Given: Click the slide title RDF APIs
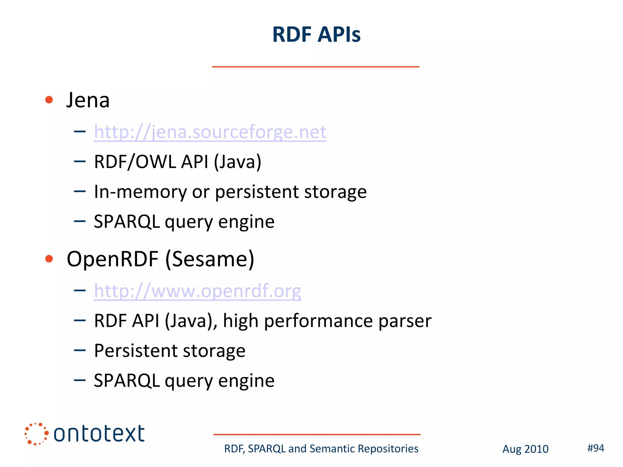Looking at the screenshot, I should pos(316,34).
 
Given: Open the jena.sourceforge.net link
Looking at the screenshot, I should pos(210,132).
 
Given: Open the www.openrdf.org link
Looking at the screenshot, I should pos(197,291).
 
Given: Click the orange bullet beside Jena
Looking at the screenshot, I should pos(49,100).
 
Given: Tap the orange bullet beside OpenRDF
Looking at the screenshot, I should pos(49,259).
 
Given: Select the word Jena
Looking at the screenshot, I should pos(88,100).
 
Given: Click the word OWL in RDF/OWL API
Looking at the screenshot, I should pos(155,161).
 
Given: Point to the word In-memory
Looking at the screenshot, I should pos(140,192).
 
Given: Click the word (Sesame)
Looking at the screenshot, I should pos(210,259).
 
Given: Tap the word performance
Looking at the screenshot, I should pos(318,321).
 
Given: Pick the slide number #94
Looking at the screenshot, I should pos(596,448).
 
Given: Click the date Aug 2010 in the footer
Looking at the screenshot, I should pos(525,449).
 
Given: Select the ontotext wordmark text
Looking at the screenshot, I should pos(99,434).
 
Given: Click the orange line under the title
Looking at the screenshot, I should pos(315,67).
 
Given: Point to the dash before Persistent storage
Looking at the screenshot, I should pos(80,350).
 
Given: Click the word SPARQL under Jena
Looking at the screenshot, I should pos(127,222).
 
